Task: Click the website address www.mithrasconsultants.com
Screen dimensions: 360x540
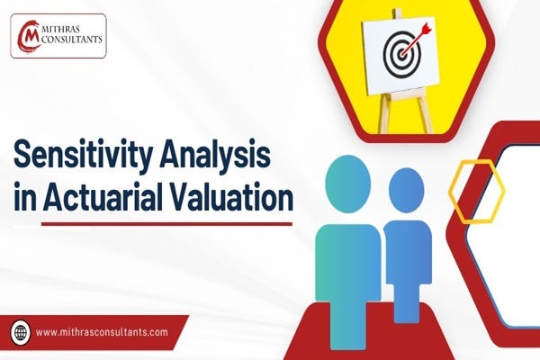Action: coord(102,332)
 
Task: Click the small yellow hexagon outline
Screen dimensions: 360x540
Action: coord(476,190)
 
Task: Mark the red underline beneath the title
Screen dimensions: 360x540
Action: coord(153,225)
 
